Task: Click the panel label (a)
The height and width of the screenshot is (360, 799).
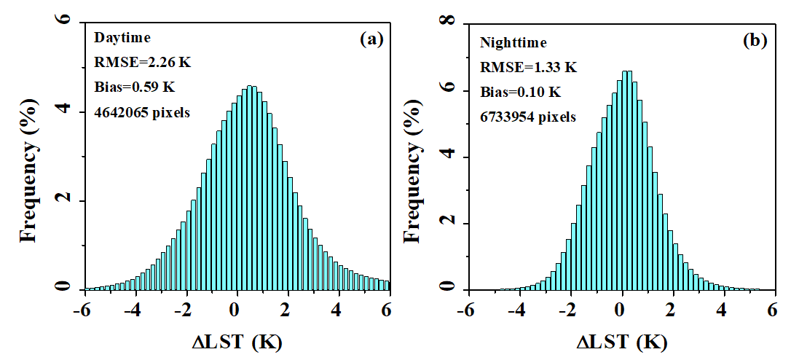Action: tap(371, 40)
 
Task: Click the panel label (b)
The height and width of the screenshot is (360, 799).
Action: tap(755, 41)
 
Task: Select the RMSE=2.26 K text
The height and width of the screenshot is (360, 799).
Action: tap(143, 63)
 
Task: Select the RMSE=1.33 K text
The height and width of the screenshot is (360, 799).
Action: tap(528, 68)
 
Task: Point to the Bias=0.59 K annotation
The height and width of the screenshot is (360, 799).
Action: tap(135, 87)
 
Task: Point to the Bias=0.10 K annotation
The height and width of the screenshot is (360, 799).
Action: tap(520, 92)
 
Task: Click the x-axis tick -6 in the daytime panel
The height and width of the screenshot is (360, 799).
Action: tap(82, 308)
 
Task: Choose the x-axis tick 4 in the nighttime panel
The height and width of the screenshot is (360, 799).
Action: tap(721, 308)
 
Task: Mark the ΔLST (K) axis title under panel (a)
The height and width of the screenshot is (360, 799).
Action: tap(236, 341)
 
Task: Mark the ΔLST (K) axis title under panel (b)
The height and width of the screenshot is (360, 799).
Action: tap(621, 341)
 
